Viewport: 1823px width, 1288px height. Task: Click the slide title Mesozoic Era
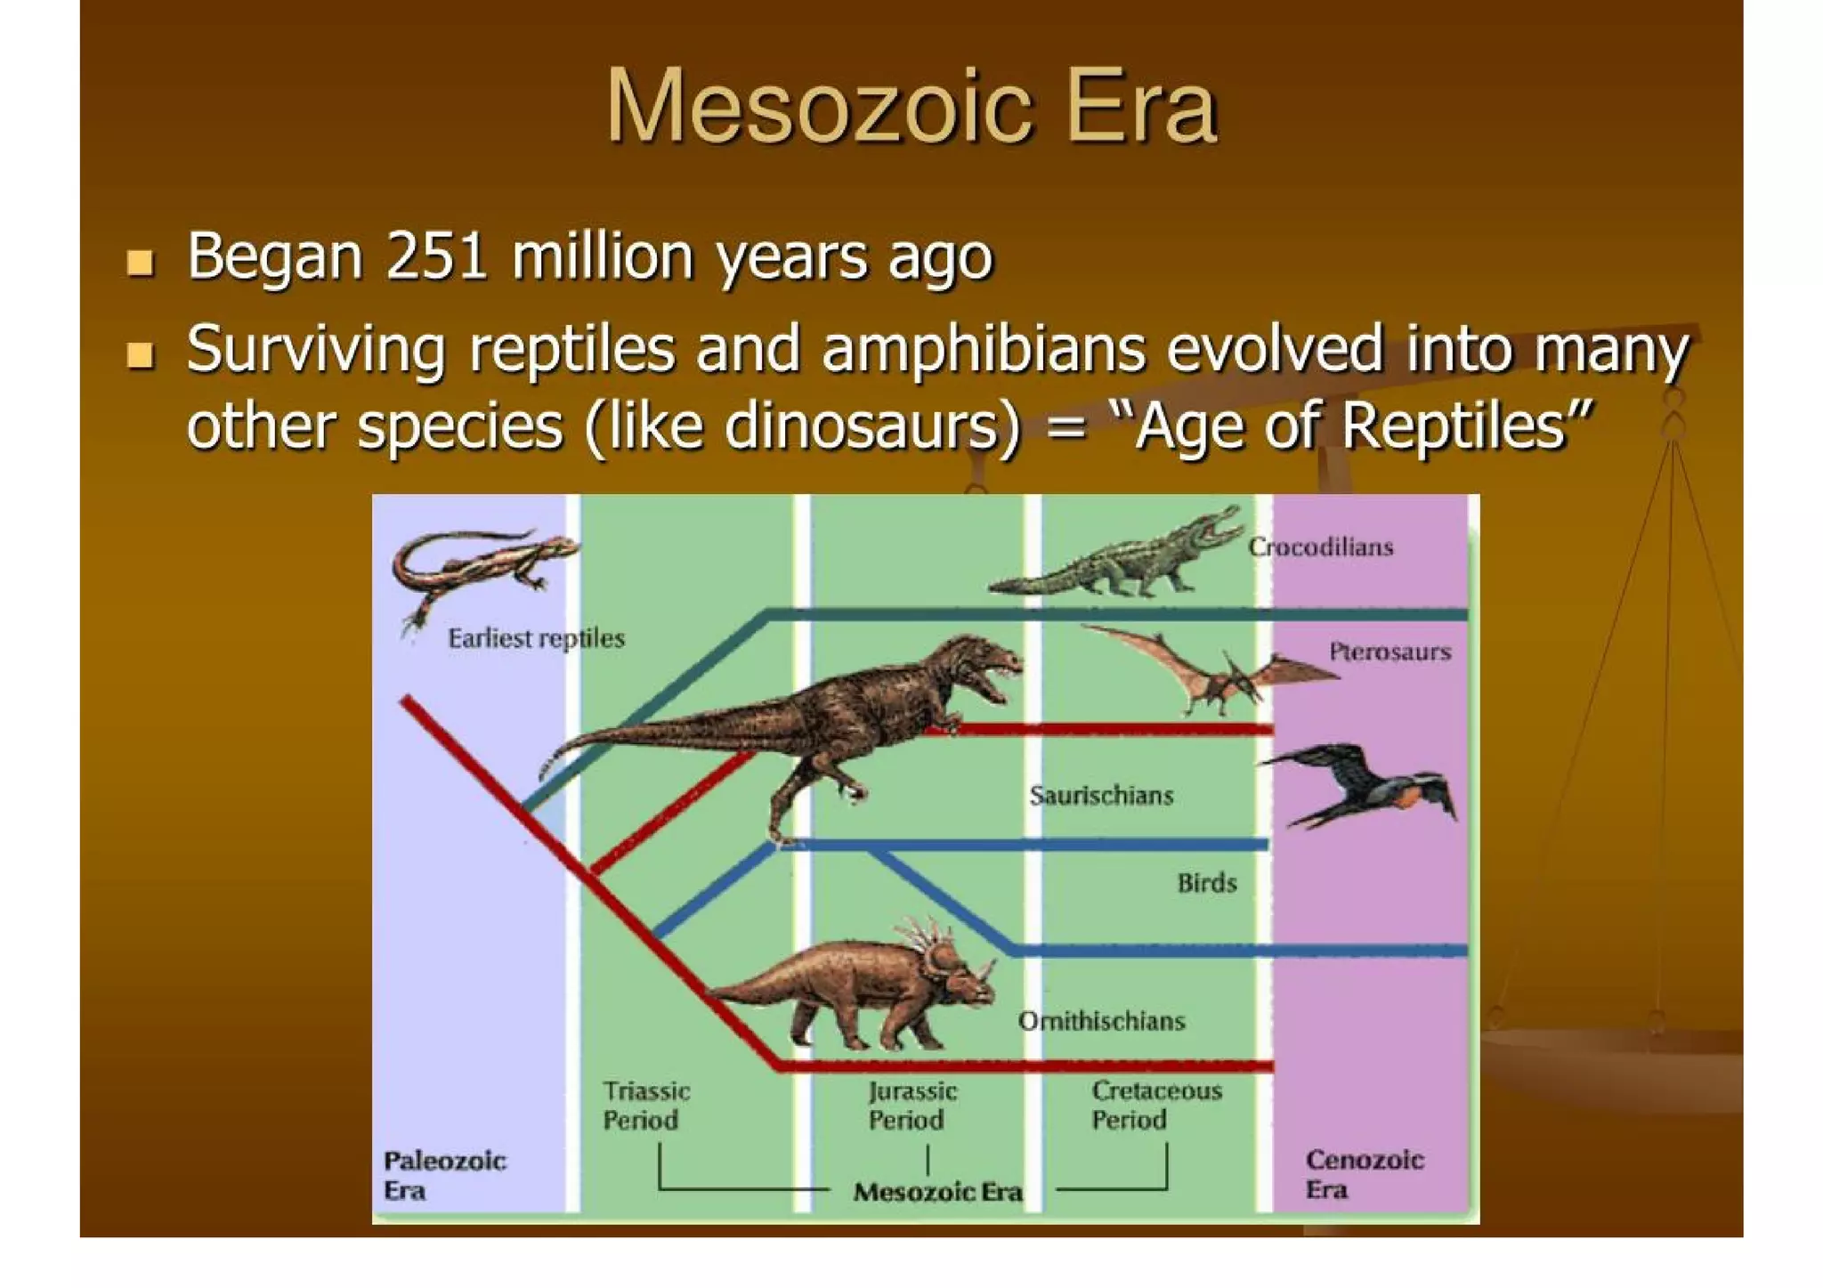911,107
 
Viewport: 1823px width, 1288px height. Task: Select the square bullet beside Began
140,263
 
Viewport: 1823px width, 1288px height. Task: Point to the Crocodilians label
1320,547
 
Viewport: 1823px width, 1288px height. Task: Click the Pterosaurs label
1390,652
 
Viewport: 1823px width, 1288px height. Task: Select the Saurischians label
1101,795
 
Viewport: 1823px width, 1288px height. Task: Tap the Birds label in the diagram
1207,883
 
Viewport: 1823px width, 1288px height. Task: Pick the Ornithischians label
1101,1021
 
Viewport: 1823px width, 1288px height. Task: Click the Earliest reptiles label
536,638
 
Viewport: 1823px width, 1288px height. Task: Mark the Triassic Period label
646,1106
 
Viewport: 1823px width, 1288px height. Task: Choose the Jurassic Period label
912,1106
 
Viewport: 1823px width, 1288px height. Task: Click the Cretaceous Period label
1156,1105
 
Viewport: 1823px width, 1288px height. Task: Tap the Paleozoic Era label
444,1175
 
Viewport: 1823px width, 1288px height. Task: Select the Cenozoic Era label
1365,1174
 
